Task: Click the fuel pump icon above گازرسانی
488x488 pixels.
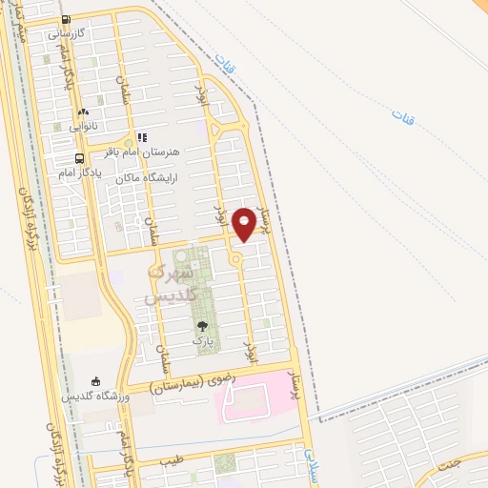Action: [65, 19]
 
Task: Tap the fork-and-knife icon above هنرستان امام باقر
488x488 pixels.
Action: [141, 137]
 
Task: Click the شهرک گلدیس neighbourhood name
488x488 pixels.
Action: [170, 284]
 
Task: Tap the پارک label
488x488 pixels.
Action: [201, 339]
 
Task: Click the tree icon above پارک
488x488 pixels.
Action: [201, 326]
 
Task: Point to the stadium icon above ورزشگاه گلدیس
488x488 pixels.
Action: [93, 380]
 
